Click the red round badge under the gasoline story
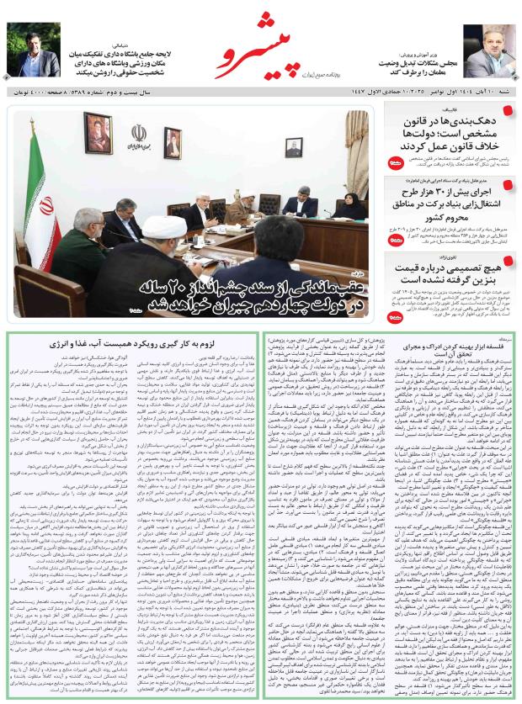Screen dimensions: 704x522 click(x=396, y=318)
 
